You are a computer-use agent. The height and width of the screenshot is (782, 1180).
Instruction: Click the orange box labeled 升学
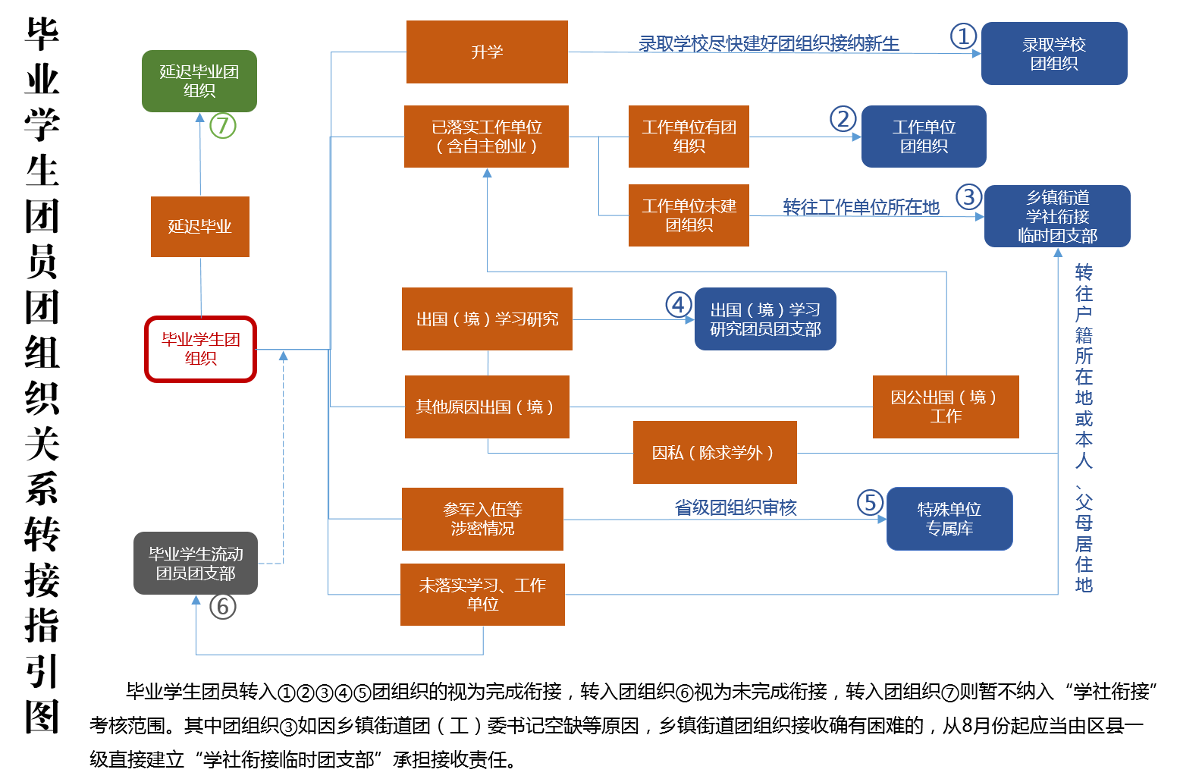coord(487,52)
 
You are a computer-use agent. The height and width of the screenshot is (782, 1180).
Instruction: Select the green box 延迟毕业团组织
coord(199,81)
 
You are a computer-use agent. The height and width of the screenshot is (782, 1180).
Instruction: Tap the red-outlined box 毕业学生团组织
coord(201,349)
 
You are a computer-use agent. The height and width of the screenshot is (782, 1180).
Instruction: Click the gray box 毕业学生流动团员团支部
coord(196,564)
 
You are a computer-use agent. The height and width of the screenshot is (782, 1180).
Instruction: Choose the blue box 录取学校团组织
coord(1054,54)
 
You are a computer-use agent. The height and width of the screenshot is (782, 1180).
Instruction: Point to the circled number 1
coord(963,36)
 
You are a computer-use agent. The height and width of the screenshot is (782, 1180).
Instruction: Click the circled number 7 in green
coord(223,125)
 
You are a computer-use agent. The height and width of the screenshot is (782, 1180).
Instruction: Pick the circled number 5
coord(871,502)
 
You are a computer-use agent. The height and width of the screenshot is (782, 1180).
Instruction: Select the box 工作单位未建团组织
coord(689,215)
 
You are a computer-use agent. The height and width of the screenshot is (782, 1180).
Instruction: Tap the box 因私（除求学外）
coord(714,453)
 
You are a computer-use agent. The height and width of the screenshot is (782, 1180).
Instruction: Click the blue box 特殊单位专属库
coord(949,519)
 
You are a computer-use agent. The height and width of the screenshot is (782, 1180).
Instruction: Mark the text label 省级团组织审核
coord(736,507)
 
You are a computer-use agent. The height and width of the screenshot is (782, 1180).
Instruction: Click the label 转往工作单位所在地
coord(861,207)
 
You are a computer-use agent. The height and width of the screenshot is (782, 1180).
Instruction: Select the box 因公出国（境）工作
coord(946,407)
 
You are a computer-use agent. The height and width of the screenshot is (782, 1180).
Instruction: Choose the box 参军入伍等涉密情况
coord(482,519)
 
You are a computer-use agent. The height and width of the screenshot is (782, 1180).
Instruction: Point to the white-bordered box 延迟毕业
coord(200,227)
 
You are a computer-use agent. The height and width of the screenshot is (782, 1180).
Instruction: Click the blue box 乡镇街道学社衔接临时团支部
coord(1057,216)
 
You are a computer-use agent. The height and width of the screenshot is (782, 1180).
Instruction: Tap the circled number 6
coord(223,606)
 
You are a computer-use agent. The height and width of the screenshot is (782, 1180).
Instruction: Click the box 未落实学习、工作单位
coord(482,595)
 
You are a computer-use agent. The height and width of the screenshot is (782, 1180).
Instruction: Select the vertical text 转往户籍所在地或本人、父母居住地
coord(1084,429)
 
